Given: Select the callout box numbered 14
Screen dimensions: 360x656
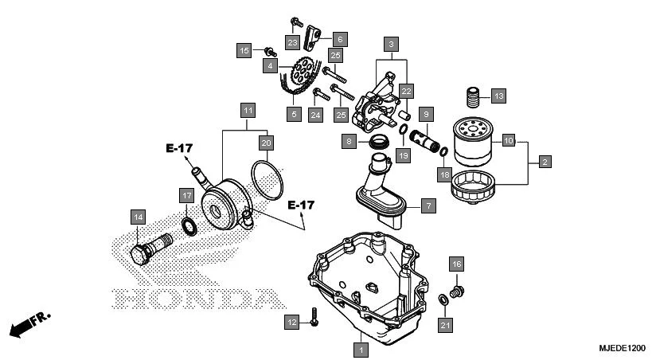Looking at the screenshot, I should [x=138, y=216].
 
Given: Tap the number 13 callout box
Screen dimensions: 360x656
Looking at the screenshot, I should [x=497, y=97].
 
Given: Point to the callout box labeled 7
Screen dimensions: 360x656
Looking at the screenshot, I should [x=428, y=206].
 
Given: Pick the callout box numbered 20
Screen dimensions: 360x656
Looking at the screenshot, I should [x=266, y=143].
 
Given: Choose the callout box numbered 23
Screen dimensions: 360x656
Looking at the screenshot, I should [x=292, y=42].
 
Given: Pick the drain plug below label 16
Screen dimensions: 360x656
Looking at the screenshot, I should [x=457, y=292].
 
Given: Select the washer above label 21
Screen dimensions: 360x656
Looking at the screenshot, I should [x=441, y=299].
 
